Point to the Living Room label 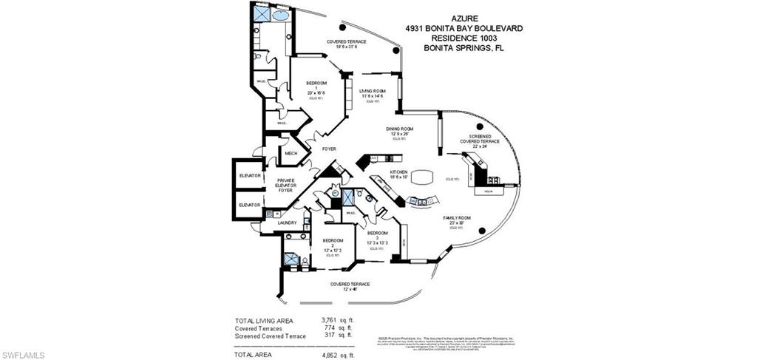point(372,90)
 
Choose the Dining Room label point(399,129)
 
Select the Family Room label point(457,218)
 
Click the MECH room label point(291,154)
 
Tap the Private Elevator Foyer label point(286,185)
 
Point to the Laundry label point(287,223)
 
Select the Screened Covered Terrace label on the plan point(480,140)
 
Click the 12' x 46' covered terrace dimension point(350,289)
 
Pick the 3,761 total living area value point(330,321)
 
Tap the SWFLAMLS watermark point(23,355)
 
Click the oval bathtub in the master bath point(281,15)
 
